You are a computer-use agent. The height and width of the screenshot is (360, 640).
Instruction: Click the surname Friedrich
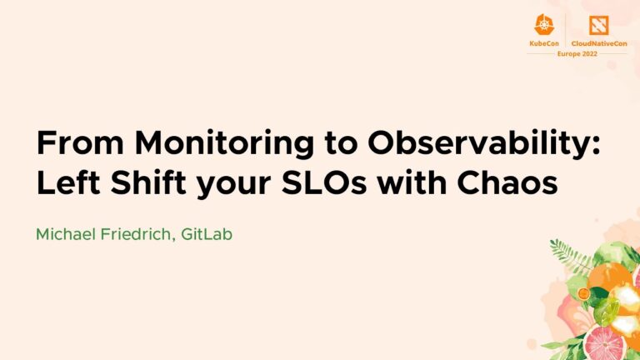coord(146,234)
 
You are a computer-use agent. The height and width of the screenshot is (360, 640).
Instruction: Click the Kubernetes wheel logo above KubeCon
coord(545,24)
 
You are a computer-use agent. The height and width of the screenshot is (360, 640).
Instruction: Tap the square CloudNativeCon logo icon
coord(598,24)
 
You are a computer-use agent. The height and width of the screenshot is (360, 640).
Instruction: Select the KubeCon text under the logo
coord(545,42)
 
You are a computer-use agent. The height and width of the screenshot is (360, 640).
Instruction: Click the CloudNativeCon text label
coord(598,42)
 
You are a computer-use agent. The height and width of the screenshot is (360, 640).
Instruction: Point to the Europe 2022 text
coord(577,53)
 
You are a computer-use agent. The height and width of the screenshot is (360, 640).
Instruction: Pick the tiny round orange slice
coord(584,293)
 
